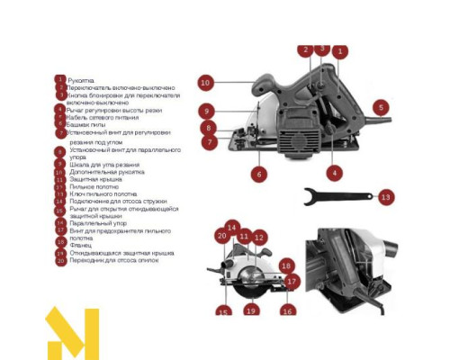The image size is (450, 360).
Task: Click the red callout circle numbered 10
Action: pos(205,83)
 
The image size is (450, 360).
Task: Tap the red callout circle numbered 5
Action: pos(381,107)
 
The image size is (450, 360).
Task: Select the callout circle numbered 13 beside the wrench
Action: pos(385,195)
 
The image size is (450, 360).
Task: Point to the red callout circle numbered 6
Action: pos(258,174)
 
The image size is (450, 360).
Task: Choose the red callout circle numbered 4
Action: pos(334,173)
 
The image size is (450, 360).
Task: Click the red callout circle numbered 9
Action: pos(206,112)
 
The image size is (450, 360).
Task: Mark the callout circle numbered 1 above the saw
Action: pos(340,52)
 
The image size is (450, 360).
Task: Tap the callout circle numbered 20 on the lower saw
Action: pos(221,236)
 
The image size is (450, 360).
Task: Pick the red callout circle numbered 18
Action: pos(286,265)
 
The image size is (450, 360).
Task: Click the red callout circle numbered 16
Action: pos(287,310)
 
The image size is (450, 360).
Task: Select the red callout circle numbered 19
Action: pos(251,310)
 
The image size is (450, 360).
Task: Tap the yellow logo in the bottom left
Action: pos(72,333)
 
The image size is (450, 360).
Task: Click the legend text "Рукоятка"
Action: pos(86,80)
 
